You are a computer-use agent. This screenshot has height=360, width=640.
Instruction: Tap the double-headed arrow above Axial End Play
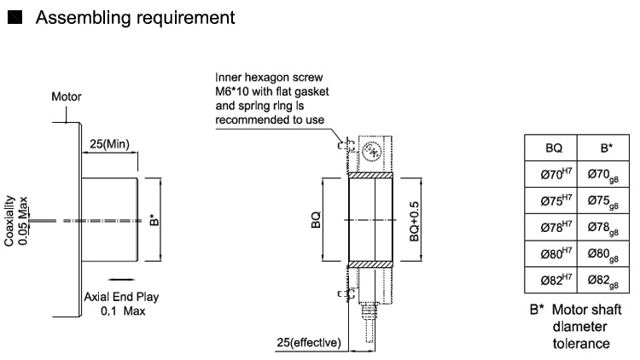pos(119,278)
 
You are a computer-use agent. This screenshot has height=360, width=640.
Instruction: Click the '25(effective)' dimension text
pos(308,343)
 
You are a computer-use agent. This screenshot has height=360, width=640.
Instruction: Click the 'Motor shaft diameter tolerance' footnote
pos(580,326)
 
